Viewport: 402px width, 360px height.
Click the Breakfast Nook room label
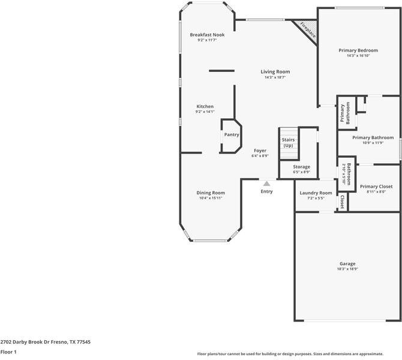[x=207, y=35]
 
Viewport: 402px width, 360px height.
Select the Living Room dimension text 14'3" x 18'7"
[x=275, y=77]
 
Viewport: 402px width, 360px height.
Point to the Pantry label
[x=232, y=134]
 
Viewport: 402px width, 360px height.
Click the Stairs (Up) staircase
[x=289, y=143]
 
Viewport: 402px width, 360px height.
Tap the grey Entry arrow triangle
[x=266, y=184]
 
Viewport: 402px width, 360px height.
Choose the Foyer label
[x=260, y=151]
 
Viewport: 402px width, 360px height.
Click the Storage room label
[x=301, y=167]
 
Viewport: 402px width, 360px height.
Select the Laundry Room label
[x=316, y=193]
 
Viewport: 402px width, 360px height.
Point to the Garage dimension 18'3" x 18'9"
[x=347, y=269]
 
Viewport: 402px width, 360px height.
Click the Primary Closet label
[x=376, y=187]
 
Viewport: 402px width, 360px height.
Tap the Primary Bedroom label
[x=358, y=50]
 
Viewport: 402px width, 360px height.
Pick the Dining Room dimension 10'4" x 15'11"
[x=211, y=198]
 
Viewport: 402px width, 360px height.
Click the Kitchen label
[x=205, y=106]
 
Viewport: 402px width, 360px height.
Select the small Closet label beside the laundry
[x=342, y=202]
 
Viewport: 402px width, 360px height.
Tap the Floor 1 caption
[x=8, y=352]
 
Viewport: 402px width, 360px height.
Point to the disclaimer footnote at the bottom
[x=290, y=354]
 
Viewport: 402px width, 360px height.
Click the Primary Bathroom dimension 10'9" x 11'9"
[x=373, y=143]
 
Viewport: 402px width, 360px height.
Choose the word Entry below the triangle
[x=266, y=191]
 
